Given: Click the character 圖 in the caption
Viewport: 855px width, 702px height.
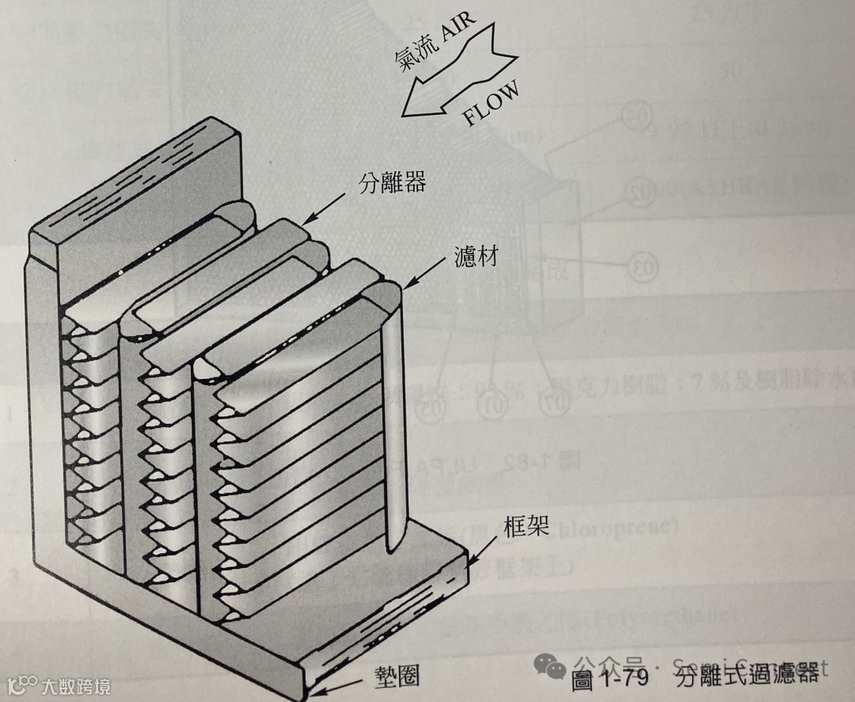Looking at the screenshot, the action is pyautogui.click(x=583, y=680).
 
